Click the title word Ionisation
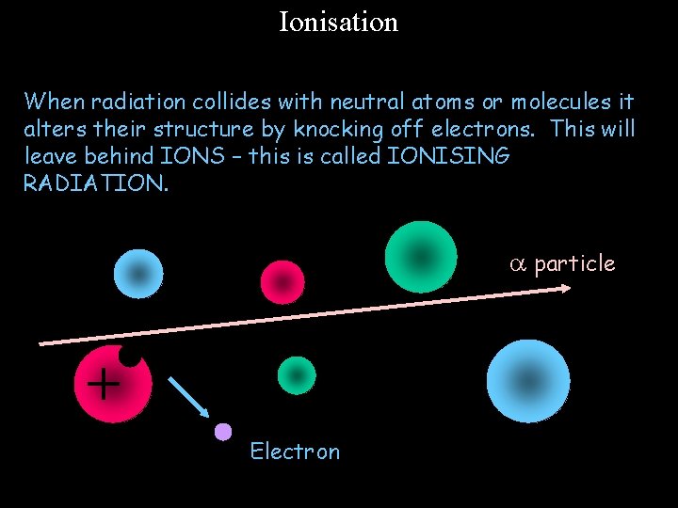coord(338,22)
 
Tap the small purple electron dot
coord(222,432)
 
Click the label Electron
coord(295,452)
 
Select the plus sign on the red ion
coord(103,383)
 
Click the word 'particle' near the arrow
coord(574,264)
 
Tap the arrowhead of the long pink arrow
coord(565,288)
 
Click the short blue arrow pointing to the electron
coord(189,396)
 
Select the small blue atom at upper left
coord(138,274)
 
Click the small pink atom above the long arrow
coord(282,282)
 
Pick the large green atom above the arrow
coord(421,257)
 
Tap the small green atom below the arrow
coord(297,375)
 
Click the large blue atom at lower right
coord(528,381)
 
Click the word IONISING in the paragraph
coord(448,156)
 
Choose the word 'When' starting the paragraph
coord(55,101)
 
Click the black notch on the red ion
coord(131,353)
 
